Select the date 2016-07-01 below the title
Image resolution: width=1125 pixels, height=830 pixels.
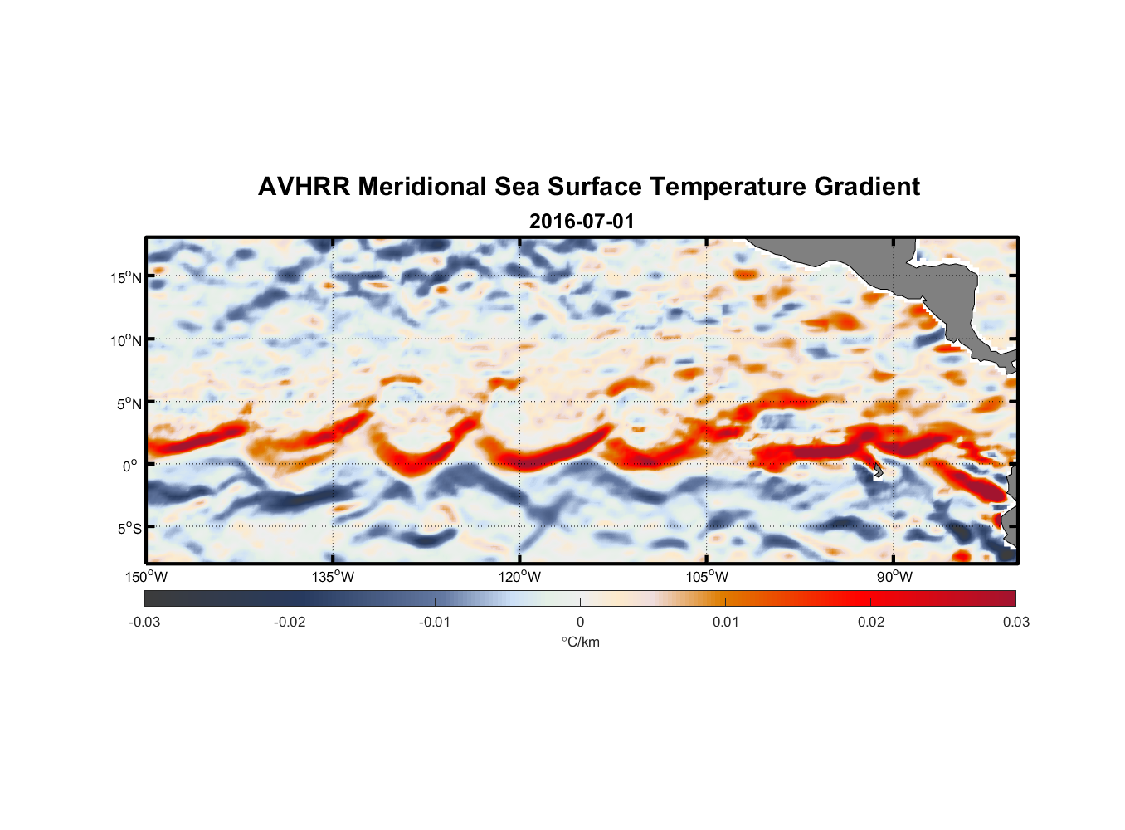581,222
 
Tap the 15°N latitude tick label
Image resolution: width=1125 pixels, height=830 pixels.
126,277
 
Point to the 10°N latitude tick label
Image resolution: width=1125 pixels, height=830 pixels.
126,340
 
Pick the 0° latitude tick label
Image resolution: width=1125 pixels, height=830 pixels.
130,466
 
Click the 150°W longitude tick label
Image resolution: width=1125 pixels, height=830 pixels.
146,577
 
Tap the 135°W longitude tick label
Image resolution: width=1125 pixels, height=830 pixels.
333,577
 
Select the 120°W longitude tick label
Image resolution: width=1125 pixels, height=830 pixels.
520,577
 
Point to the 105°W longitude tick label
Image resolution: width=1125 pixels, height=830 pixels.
707,577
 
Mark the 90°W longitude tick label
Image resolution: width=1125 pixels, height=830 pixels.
894,577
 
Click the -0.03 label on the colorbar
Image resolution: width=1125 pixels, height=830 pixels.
144,622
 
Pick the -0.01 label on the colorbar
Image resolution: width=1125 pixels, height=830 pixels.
435,622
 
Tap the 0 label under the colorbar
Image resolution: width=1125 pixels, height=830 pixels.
580,622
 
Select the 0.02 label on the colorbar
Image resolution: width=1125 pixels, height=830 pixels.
871,622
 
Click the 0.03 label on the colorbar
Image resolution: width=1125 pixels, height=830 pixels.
1015,622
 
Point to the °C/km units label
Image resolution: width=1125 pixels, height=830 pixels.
580,642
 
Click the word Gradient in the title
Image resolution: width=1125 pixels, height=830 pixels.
867,187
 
